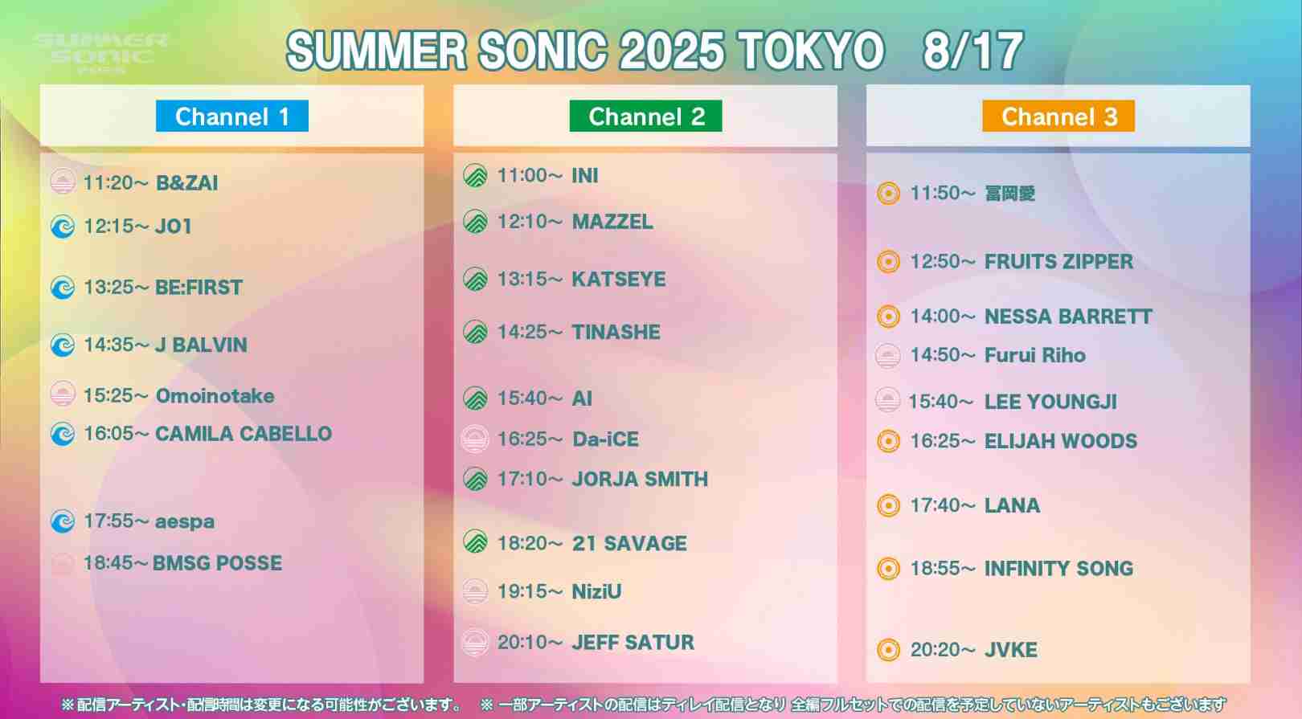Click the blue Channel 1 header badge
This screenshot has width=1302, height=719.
click(x=232, y=116)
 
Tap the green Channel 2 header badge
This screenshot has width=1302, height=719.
click(x=645, y=116)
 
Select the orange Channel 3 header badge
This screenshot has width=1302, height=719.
click(x=1058, y=116)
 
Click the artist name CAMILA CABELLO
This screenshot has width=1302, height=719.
click(x=244, y=434)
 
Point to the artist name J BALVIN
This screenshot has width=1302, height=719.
click(x=201, y=345)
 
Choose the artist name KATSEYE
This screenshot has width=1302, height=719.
click(x=619, y=280)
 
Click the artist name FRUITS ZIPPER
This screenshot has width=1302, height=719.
click(x=1058, y=262)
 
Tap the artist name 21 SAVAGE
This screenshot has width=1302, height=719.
click(x=629, y=544)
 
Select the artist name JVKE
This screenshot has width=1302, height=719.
click(x=1011, y=650)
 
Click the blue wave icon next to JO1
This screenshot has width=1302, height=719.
click(x=63, y=227)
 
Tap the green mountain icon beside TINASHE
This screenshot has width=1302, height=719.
click(x=476, y=333)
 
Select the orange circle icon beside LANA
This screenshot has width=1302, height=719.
click(x=888, y=505)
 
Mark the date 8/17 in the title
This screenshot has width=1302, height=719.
click(x=972, y=51)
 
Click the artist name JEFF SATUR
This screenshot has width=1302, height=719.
click(x=633, y=643)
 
